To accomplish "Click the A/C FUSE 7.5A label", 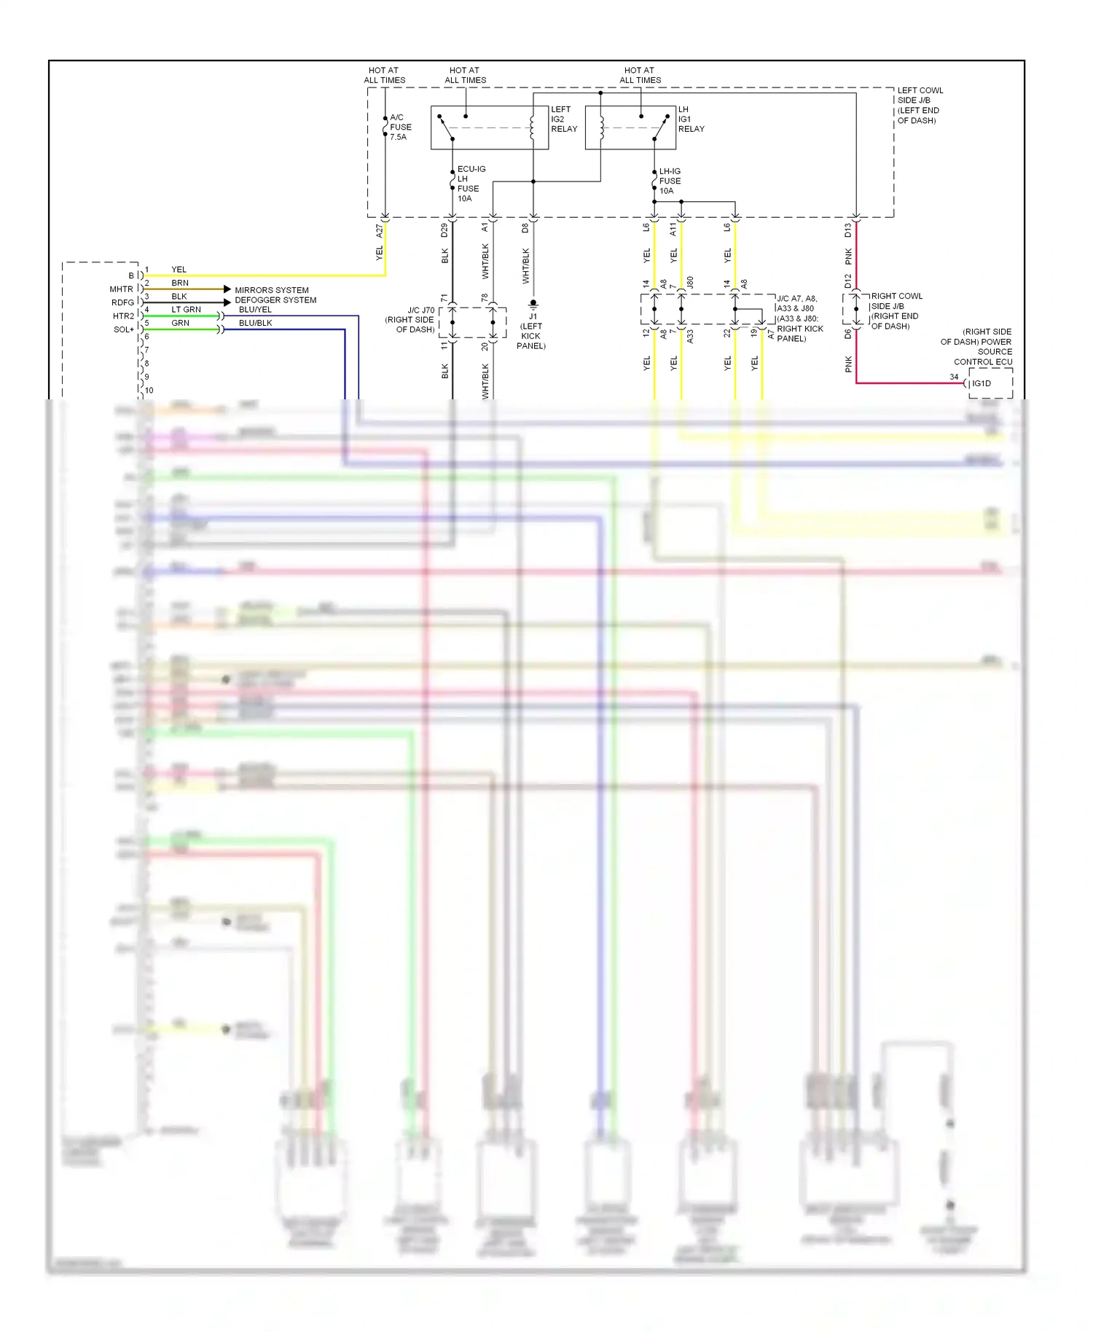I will point(400,127).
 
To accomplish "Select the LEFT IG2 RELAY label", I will point(563,119).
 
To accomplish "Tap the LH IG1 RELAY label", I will point(691,119).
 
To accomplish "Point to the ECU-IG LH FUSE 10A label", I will point(470,184).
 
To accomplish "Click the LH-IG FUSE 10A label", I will point(670,181).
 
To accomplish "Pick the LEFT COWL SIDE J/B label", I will point(920,105).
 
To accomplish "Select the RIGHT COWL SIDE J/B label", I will point(896,311).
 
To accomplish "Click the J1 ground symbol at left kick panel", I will point(533,303).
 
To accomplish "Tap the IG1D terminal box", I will point(990,383).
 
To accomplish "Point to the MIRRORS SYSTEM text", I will point(271,290).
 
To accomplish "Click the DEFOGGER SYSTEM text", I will point(275,300).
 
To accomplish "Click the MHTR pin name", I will point(121,289).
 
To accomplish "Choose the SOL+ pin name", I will point(123,329).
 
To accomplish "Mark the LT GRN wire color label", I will point(186,310).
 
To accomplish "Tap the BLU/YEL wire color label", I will point(255,310).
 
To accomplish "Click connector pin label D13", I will point(848,231).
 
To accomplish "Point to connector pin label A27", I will point(379,231).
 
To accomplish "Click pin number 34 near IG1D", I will point(954,377).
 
